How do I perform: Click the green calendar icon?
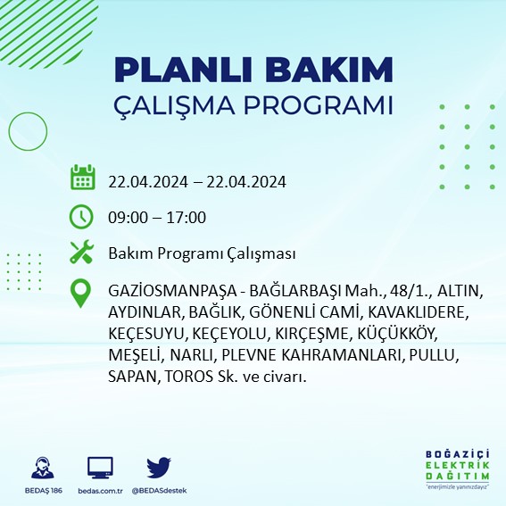[82, 178]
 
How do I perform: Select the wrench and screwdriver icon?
[82, 253]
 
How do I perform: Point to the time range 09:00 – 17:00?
[157, 217]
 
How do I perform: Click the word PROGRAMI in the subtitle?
[317, 104]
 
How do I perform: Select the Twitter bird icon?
[159, 467]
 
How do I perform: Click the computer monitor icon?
[100, 467]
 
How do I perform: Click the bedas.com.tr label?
[100, 491]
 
